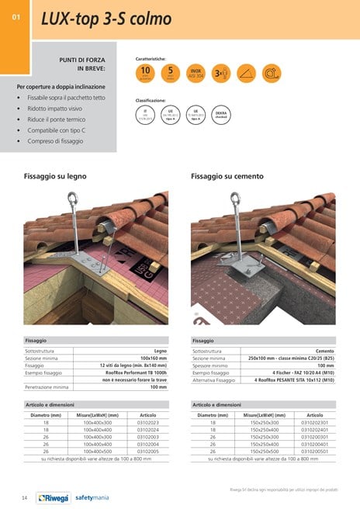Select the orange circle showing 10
[145, 73]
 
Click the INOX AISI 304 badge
[196, 73]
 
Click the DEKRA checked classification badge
[220, 113]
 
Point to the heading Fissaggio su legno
[54, 177]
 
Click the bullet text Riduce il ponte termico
[61, 119]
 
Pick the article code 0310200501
[314, 451]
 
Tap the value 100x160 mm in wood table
[151, 358]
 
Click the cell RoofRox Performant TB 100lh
[138, 372]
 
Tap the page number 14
[25, 497]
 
